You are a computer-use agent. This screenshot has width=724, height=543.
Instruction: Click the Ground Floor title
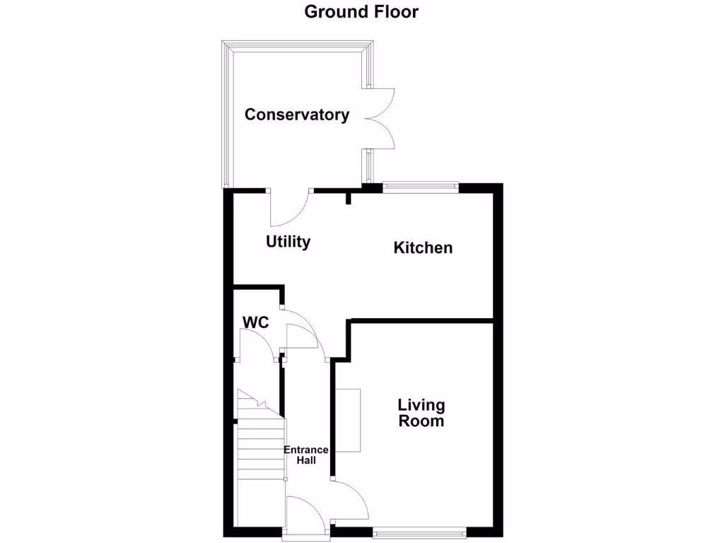pos(361,11)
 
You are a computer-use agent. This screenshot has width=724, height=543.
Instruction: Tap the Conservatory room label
pos(296,115)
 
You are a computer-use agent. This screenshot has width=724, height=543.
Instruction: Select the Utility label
pos(288,242)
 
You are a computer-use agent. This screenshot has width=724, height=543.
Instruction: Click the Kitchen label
pos(423,247)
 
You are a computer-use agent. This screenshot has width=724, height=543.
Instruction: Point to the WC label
pos(255,322)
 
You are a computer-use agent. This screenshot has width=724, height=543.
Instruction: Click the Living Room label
pos(421,413)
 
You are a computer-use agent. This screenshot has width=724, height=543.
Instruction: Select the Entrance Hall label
pos(305,455)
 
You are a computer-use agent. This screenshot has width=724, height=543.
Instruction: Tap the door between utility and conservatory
pos(289,205)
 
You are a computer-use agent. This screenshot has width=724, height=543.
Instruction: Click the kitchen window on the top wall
pos(420,187)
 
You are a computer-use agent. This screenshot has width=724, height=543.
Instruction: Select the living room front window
pos(419,531)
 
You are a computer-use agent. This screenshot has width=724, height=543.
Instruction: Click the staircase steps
pos(260,445)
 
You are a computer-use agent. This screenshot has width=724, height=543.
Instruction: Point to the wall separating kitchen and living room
pos(421,321)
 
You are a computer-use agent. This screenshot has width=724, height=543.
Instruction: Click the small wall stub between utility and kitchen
pos(348,198)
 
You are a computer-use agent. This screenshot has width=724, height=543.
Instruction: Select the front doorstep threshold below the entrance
pos(304,538)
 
